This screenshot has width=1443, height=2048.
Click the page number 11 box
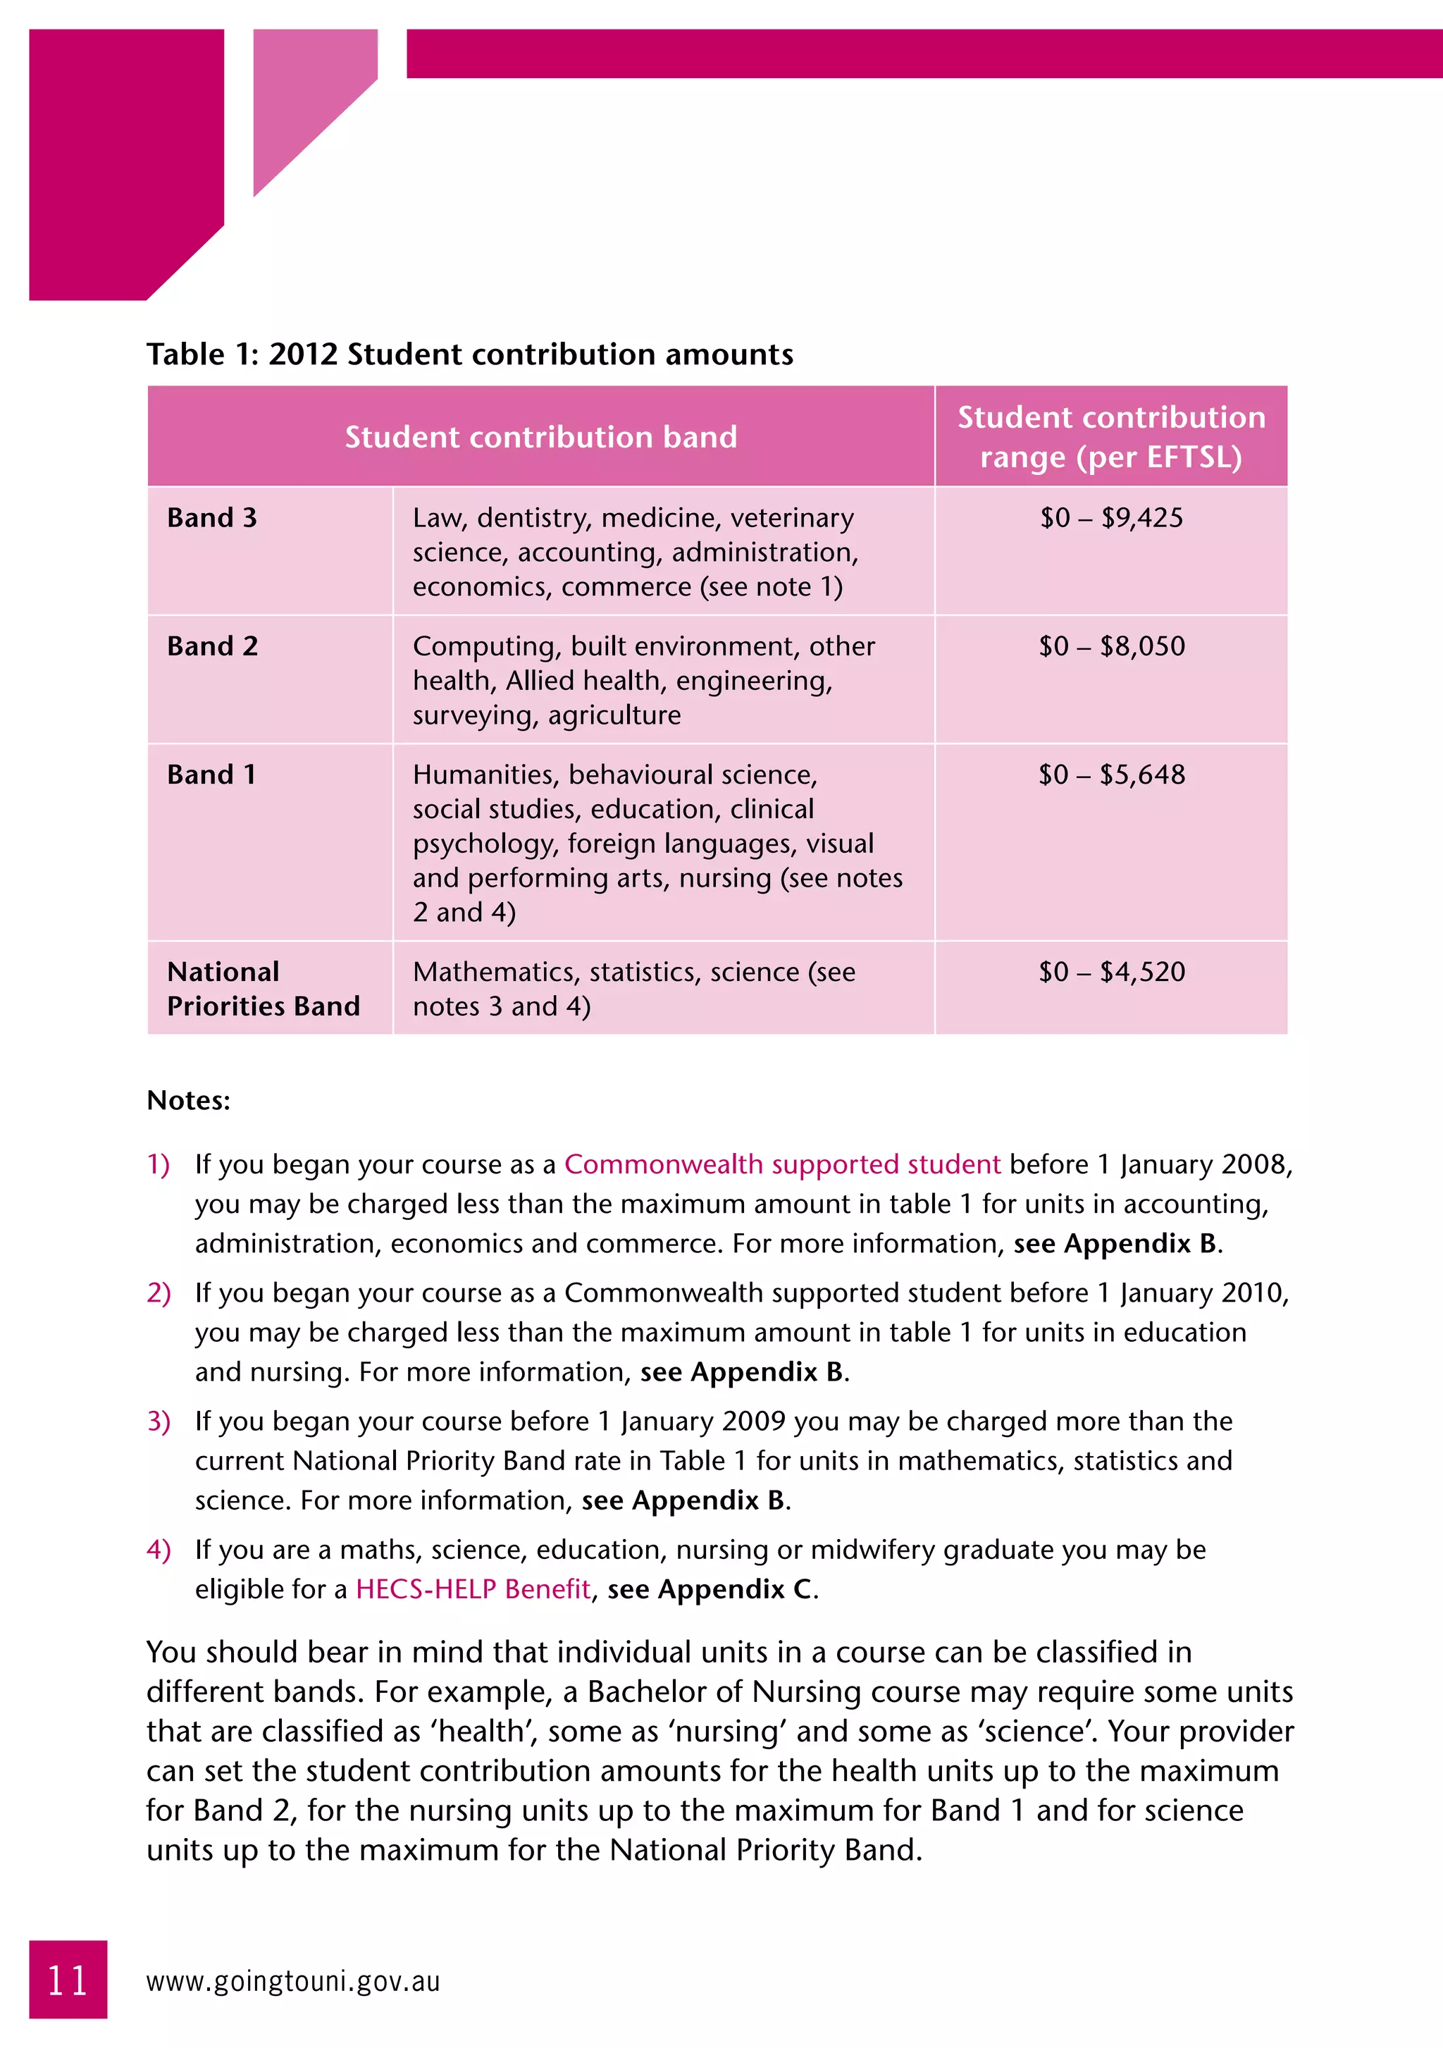tap(68, 1980)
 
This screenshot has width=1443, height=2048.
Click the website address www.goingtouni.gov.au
tap(292, 1981)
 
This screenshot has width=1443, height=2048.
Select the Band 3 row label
tap(211, 517)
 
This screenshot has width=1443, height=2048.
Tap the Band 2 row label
tap(212, 646)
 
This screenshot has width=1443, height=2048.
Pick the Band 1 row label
tap(211, 775)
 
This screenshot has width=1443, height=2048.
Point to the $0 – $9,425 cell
tap(1111, 517)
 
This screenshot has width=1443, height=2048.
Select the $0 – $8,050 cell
tap(1111, 646)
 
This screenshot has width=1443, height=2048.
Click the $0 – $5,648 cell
tap(1111, 775)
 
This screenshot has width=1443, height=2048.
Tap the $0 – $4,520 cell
tap(1111, 971)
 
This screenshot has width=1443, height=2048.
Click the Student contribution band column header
tap(540, 437)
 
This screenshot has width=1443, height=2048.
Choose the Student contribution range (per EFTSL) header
tap(1111, 437)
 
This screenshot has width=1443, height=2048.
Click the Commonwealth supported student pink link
tap(782, 1164)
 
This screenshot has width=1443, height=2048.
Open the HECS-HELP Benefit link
tap(473, 1589)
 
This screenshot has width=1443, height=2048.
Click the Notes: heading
tap(188, 1100)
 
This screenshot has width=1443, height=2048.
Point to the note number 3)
tap(159, 1421)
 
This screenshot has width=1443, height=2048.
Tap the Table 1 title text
tap(469, 354)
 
